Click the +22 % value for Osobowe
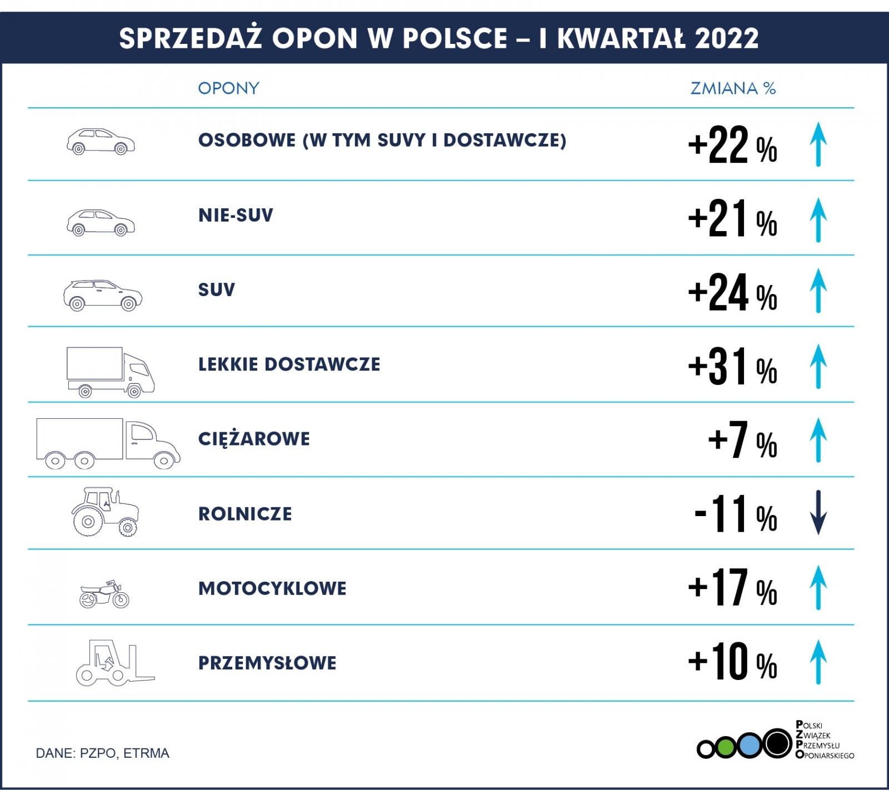click(732, 146)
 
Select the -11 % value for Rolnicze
click(736, 514)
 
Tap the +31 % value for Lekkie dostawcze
click(732, 366)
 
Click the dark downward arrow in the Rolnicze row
click(818, 512)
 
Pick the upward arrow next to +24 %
click(818, 291)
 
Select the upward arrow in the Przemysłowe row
click(818, 662)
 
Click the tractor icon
click(105, 512)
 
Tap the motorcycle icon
click(104, 594)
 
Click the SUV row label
click(217, 289)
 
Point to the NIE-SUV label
click(236, 215)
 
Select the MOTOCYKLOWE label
click(272, 588)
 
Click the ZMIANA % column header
click(733, 88)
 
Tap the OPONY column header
click(228, 88)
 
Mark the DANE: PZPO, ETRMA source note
click(102, 753)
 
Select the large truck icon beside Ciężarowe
click(108, 443)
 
